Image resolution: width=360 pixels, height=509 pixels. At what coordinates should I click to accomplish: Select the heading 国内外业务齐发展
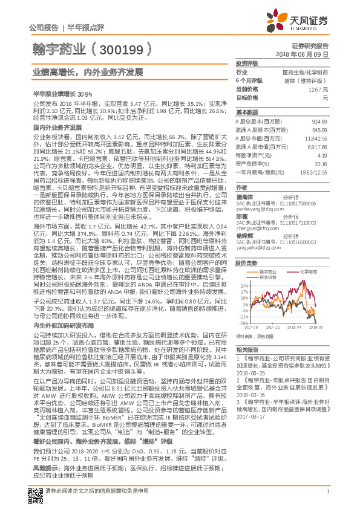tap(57, 128)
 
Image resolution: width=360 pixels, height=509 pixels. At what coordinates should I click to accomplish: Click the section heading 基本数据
tap(247, 112)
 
